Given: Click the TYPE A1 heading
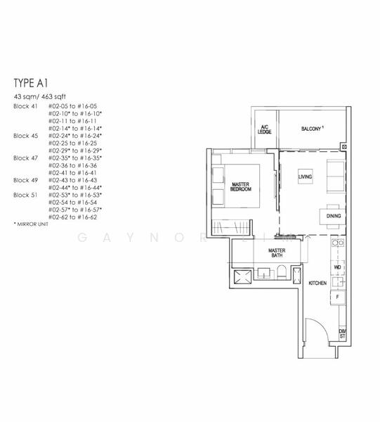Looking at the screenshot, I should click(x=31, y=82).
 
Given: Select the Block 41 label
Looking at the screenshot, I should click(x=24, y=105).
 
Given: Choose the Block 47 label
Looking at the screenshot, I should click(x=24, y=158).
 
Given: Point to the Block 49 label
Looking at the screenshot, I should click(x=24, y=180).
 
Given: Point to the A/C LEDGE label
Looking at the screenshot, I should click(x=264, y=130).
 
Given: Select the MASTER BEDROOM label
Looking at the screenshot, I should click(x=241, y=186).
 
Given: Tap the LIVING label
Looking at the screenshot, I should click(x=304, y=176).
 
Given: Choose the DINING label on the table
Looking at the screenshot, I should click(x=334, y=216).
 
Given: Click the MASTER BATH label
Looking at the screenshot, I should click(x=277, y=253).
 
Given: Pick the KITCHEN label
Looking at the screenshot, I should click(x=317, y=283).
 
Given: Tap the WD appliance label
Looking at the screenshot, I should click(x=337, y=267).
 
